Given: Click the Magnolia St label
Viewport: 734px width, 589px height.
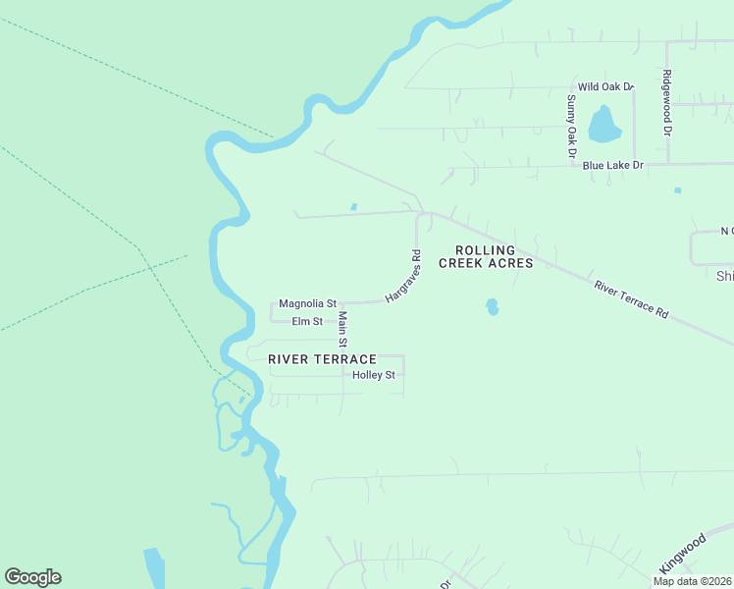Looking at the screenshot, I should pos(307,304).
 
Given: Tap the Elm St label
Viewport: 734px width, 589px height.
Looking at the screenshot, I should pos(307,321).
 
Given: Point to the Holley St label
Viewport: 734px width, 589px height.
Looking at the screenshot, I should pos(374,375).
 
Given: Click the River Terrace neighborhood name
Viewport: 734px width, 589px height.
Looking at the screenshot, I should pos(322,359).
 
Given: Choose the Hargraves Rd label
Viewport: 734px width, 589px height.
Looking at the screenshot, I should pos(402,276).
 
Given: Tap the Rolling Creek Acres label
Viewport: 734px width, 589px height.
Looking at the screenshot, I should pos(486,256).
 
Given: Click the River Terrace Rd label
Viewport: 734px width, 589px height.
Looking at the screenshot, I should pos(631,298).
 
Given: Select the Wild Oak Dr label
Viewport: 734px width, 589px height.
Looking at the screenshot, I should pos(605,87).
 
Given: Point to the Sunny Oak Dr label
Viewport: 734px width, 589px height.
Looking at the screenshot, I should pos(570,126).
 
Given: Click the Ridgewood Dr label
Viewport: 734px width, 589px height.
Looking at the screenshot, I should pos(667,102).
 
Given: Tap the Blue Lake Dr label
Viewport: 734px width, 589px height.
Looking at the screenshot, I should pos(612,166).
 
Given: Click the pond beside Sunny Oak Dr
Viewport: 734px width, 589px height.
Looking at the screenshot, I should pos(603,125).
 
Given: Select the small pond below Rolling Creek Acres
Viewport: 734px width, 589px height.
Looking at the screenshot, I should pos(492,306).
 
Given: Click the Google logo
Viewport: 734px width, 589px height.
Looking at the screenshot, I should pos(32,577).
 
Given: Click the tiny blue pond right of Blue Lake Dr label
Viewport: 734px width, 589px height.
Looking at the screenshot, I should pos(677,190).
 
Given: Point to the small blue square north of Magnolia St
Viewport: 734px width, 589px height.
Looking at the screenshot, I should pos(353,206).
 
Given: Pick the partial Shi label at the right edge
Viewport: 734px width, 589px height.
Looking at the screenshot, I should pos(725,276).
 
